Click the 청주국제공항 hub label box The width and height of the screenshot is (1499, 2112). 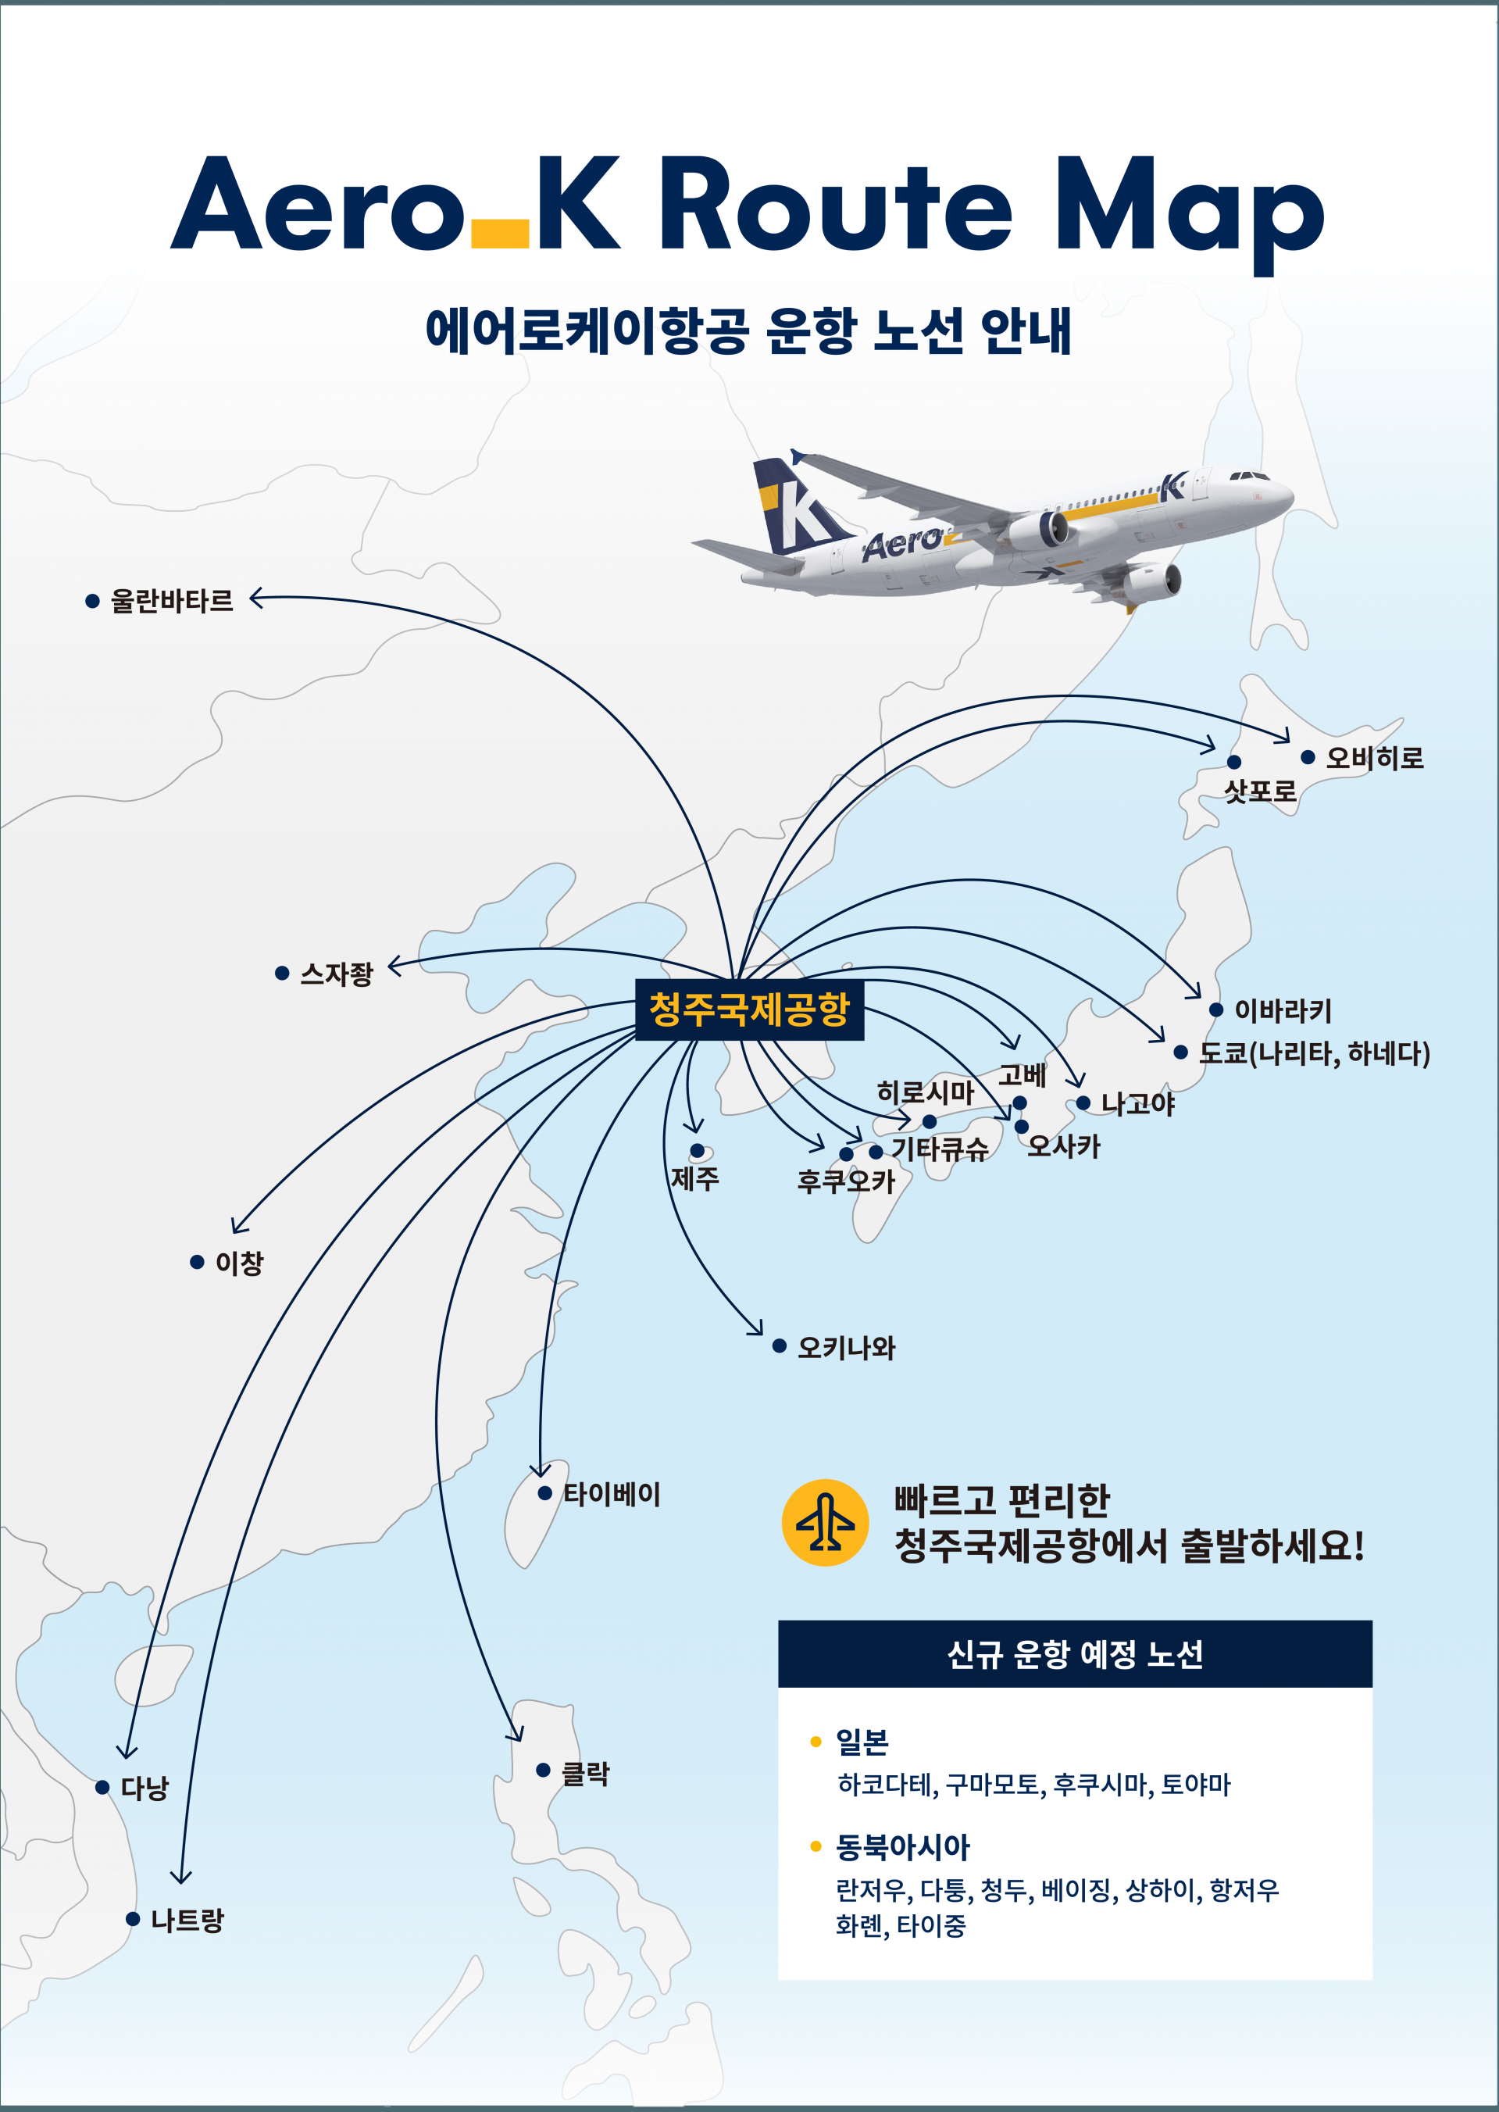(x=750, y=1009)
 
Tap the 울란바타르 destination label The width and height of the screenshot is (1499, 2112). (x=172, y=601)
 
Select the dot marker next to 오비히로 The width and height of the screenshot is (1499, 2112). (x=1307, y=757)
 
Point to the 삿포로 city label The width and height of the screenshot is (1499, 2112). (x=1260, y=791)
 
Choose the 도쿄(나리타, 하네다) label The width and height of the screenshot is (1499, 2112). (x=1315, y=1053)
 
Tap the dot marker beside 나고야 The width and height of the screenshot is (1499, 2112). (x=1083, y=1103)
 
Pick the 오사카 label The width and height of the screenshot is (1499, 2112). (x=1063, y=1146)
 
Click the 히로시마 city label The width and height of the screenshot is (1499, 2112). (x=925, y=1093)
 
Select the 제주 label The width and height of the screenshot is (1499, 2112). (x=694, y=1179)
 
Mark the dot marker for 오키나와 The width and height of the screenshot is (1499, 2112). (x=779, y=1345)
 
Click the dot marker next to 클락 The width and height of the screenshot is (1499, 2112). (x=544, y=1770)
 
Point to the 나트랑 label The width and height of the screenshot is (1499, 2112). (x=187, y=1920)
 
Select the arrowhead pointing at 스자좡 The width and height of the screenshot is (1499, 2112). (x=395, y=967)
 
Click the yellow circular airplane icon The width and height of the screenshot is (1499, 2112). (x=825, y=1522)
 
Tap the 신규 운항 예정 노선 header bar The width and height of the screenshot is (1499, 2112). (x=1076, y=1653)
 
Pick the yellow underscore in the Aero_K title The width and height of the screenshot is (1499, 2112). (x=499, y=234)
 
